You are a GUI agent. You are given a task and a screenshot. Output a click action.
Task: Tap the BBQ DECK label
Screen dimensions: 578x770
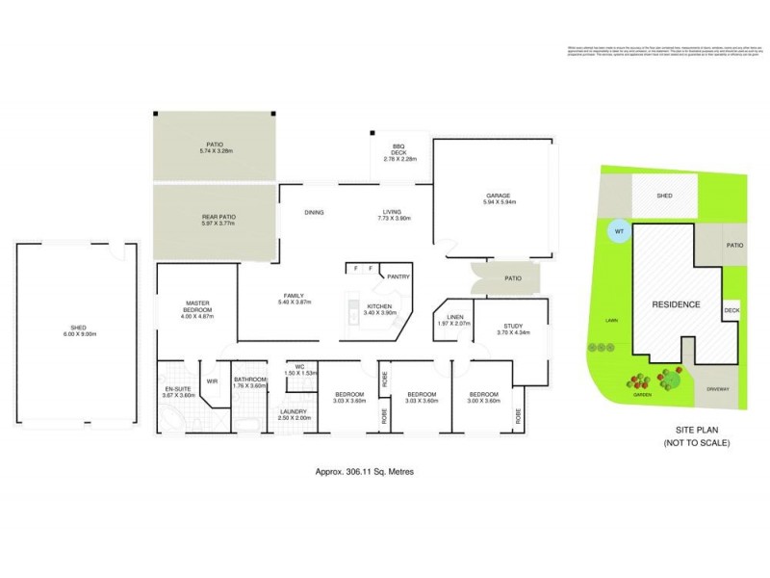(398, 146)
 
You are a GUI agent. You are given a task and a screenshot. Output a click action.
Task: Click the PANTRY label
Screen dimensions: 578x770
(398, 276)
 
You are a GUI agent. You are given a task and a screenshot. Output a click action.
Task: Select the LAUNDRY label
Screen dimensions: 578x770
(293, 412)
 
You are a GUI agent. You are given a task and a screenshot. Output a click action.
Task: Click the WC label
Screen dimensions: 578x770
(301, 366)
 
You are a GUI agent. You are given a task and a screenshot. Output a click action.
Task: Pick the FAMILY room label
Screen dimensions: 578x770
(294, 296)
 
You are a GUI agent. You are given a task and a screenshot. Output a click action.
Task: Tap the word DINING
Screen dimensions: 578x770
(314, 212)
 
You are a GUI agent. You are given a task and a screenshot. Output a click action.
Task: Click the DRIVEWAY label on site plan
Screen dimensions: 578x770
(717, 389)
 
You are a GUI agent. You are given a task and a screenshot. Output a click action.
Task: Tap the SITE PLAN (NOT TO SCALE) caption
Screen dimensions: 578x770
(696, 436)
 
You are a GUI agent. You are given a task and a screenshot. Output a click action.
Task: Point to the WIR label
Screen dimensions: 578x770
(211, 381)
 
